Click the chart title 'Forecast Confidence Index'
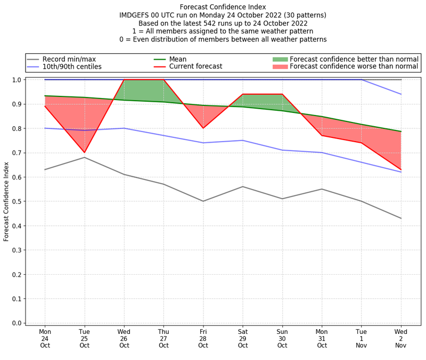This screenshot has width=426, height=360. [223, 7]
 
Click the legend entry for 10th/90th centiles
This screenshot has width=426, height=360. [72, 67]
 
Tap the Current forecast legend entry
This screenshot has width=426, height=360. [195, 67]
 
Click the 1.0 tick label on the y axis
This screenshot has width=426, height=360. [17, 80]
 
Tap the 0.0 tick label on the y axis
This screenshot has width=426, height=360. [17, 323]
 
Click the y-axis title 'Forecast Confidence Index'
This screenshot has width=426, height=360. [7, 201]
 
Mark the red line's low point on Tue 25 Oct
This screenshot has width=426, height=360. [85, 152]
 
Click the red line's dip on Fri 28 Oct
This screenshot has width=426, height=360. [203, 128]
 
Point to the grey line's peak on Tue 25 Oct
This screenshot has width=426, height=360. [85, 157]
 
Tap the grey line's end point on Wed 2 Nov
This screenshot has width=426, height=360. [401, 218]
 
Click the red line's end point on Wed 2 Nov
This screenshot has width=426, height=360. [401, 170]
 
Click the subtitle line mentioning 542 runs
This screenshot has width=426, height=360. [223, 23]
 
